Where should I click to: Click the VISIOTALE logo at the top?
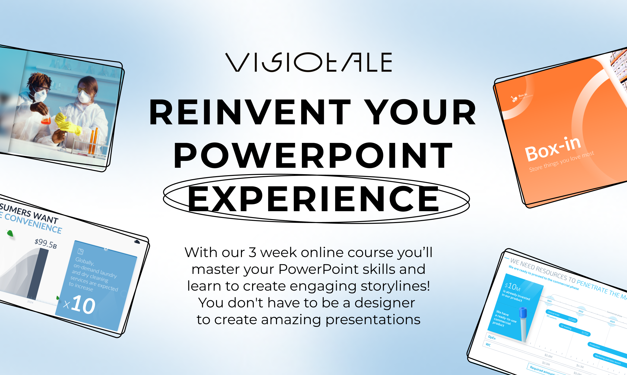[309, 62]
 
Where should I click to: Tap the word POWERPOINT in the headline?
[313, 155]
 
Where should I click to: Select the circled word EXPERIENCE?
[313, 199]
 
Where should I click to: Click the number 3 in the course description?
[252, 252]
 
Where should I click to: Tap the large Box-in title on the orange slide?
[553, 149]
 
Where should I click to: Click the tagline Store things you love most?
[561, 162]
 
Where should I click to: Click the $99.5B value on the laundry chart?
[46, 243]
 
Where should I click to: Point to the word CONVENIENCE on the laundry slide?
[33, 223]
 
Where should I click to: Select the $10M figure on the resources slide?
[512, 287]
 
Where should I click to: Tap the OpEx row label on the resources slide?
[491, 337]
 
